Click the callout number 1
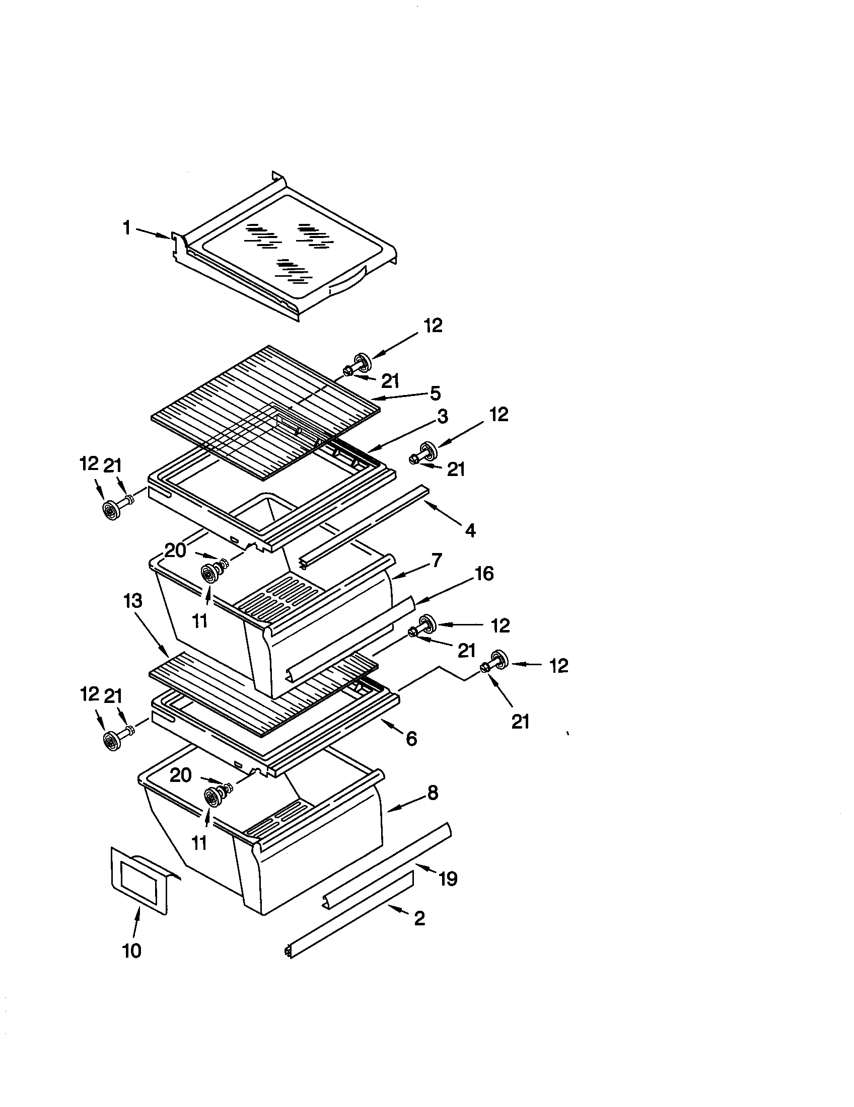pos(127,228)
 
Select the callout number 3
pos(443,417)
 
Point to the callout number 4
pos(470,531)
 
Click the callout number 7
pos(437,561)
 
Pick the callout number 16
pos(484,574)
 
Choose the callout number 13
pos(133,602)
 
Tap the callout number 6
pos(411,739)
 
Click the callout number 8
pos(432,793)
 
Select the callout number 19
pos(448,879)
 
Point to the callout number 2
pos(419,918)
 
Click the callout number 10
pos(132,952)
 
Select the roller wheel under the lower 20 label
pos(210,797)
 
